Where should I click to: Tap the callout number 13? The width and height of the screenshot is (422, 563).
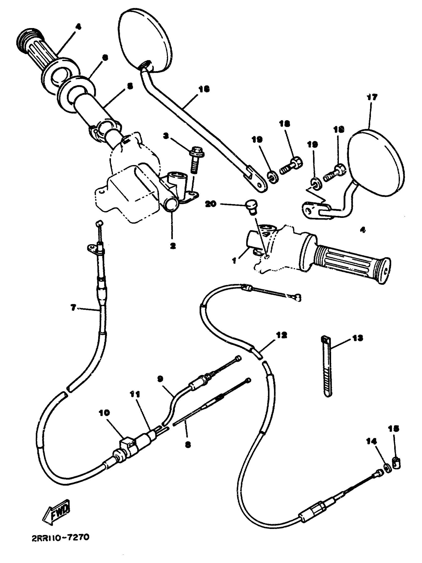357,338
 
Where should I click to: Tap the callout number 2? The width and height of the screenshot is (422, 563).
173,246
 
